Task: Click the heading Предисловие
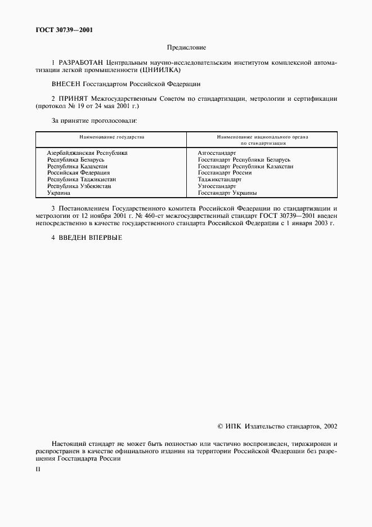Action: tap(186, 48)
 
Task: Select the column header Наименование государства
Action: tap(111, 137)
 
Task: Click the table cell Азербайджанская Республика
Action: tap(87, 153)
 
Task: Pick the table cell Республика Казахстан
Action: tap(77, 166)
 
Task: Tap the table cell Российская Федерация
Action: tap(78, 173)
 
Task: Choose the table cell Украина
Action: tap(59, 193)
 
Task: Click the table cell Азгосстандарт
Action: tap(217, 153)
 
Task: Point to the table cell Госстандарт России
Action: tap(225, 173)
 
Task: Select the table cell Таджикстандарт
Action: tap(219, 180)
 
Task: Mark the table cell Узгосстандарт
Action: tap(216, 186)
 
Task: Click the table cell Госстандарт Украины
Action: tap(227, 193)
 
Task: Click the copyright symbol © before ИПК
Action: tap(220, 427)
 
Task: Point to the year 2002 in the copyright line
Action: tap(330, 427)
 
